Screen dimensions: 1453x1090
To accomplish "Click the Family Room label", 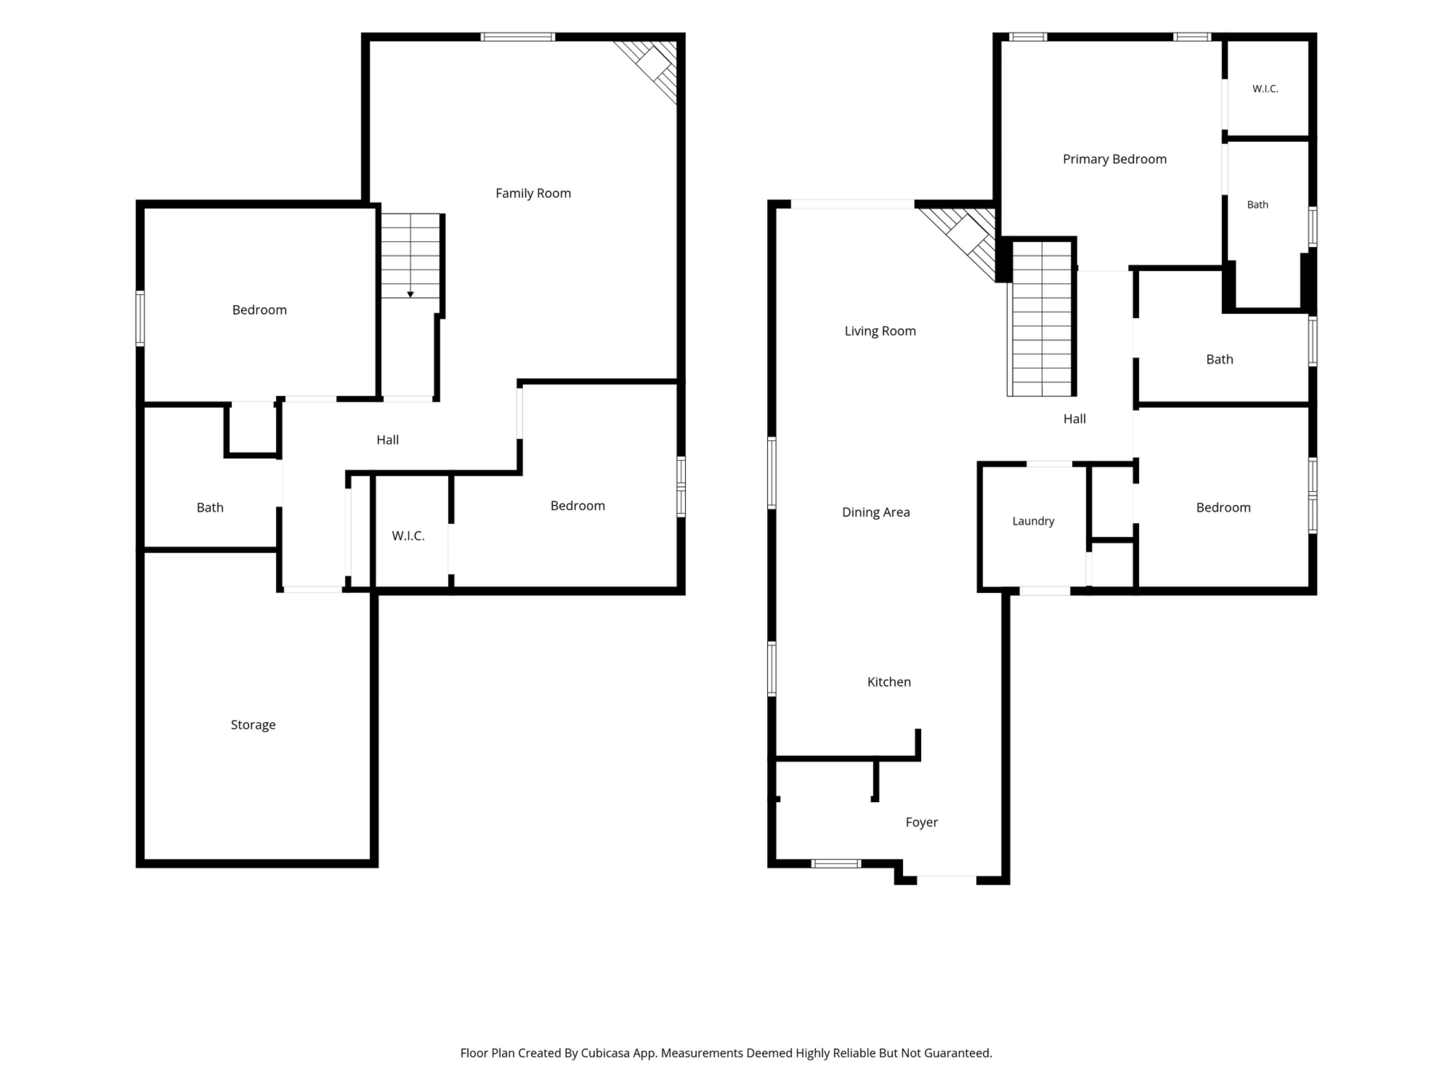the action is pos(533,193).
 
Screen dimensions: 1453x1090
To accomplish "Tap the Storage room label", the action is pos(253,725).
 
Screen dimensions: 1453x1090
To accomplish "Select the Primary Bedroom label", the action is pos(1115,159).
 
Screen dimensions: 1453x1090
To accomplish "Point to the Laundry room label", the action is pos(1033,521).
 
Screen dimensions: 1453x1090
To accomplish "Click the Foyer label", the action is pos(922,822).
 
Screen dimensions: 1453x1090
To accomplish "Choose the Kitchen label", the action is pos(889,682).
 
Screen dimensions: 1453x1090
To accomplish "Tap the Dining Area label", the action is pos(876,512).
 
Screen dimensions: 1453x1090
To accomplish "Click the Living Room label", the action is pos(880,331).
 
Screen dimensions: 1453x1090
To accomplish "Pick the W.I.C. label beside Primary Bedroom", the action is pos(1265,89).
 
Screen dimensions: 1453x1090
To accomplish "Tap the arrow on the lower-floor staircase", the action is pos(411,294).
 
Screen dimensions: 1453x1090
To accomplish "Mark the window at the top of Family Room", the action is pos(518,37).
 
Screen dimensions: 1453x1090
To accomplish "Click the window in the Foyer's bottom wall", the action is pos(835,863).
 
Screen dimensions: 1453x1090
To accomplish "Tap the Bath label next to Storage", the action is pos(210,507).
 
